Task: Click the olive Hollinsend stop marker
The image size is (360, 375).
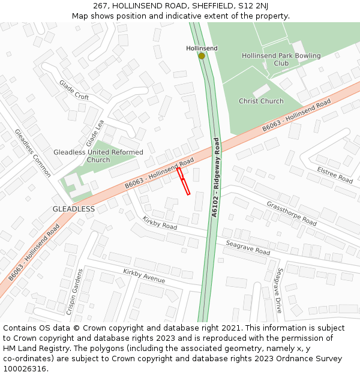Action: coord(202,56)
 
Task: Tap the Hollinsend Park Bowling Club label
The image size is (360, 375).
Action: coord(281,59)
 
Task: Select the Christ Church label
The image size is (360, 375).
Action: coord(261,101)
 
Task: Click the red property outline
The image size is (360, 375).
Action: coord(184,181)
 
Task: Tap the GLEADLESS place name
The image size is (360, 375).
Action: coord(73,209)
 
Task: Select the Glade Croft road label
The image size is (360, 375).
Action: coord(74,90)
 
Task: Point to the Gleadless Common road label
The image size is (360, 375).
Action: coord(33,153)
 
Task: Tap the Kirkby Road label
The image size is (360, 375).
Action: coord(160,223)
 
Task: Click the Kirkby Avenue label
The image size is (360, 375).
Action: coord(144,276)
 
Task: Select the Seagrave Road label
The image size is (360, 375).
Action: coord(248,247)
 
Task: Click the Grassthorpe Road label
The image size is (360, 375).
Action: coord(291,213)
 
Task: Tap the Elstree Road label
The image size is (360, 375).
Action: coord(335,175)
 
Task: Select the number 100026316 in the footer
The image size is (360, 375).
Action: coord(26,369)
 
